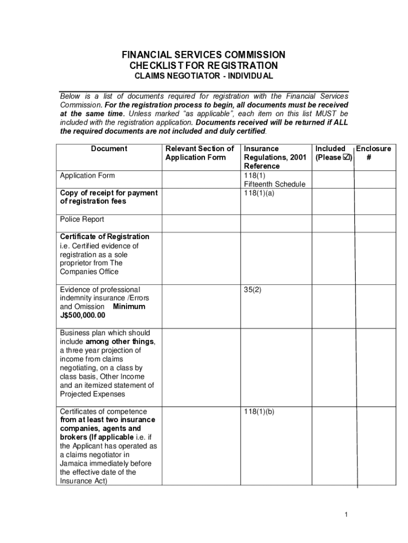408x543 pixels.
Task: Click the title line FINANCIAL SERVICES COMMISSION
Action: [203, 55]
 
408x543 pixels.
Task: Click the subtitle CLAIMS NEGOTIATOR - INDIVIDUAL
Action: [203, 76]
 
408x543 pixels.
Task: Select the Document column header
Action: [109, 149]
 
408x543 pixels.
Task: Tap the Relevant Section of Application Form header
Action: [199, 153]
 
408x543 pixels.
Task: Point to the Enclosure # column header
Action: [373, 153]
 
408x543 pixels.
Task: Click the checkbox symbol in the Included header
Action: [347, 158]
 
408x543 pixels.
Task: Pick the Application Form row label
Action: [87, 176]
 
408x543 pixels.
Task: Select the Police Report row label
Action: [82, 220]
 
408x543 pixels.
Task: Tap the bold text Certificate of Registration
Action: [104, 237]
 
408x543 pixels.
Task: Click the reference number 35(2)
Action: [253, 290]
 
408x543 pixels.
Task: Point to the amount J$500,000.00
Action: [83, 316]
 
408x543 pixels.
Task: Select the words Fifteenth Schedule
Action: [274, 185]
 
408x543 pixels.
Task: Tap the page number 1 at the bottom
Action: [345, 515]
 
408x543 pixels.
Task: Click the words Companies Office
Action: [89, 272]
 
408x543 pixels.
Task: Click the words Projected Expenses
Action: [93, 395]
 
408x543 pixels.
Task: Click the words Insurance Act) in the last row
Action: [84, 481]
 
